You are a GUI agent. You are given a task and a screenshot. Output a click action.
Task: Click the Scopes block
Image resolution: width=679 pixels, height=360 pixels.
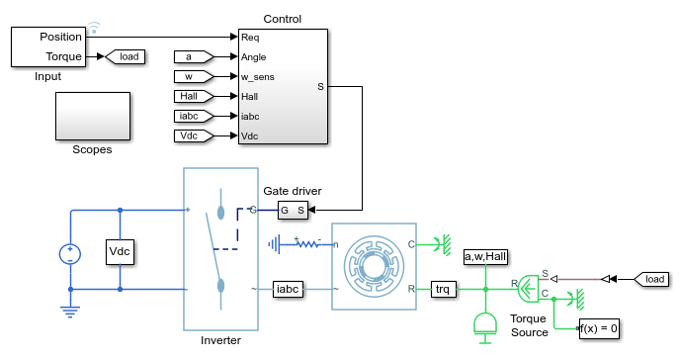(x=93, y=116)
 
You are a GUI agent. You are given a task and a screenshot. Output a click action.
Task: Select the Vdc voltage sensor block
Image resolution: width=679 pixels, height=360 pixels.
(x=120, y=251)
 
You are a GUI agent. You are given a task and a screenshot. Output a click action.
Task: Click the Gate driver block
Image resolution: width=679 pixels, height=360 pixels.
(x=293, y=211)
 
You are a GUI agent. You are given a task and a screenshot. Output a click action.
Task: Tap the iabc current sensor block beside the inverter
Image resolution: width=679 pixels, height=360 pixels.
(x=288, y=289)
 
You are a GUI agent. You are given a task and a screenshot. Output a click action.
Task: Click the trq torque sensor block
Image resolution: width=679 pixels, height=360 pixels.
(x=443, y=289)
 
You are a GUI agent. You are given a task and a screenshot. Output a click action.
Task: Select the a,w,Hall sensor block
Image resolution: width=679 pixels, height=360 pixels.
(x=485, y=257)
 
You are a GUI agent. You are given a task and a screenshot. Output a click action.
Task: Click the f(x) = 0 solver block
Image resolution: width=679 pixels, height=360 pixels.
(x=599, y=328)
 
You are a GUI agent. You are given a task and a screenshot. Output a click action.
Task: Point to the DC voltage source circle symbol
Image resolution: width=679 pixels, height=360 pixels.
(x=70, y=254)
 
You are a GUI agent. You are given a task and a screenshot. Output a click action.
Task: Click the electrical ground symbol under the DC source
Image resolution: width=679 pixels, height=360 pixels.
(x=70, y=312)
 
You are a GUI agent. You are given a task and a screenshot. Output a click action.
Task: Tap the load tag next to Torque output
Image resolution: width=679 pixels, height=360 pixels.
(x=126, y=56)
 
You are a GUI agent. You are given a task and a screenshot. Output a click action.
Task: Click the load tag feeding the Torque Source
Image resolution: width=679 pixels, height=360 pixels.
(x=651, y=280)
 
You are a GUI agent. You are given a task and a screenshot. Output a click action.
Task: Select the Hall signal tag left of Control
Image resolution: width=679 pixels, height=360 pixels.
(x=194, y=96)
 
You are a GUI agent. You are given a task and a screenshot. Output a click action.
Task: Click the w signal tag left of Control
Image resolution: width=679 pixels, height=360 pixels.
(x=194, y=77)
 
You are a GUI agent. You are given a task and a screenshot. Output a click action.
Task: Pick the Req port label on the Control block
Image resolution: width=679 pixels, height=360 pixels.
(x=250, y=38)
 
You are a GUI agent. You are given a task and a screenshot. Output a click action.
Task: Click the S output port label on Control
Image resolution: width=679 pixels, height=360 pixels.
(x=320, y=87)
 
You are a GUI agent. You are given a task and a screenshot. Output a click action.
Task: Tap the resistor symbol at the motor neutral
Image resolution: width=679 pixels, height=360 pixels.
(x=308, y=244)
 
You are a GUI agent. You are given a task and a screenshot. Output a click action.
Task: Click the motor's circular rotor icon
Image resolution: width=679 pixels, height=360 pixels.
(x=375, y=266)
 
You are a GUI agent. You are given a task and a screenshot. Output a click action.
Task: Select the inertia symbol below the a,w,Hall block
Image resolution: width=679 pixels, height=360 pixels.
(x=485, y=328)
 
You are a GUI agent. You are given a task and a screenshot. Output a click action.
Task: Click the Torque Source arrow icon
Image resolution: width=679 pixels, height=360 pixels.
(x=528, y=289)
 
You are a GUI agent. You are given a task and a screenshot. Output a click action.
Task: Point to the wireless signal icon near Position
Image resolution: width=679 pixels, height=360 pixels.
(x=94, y=28)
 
